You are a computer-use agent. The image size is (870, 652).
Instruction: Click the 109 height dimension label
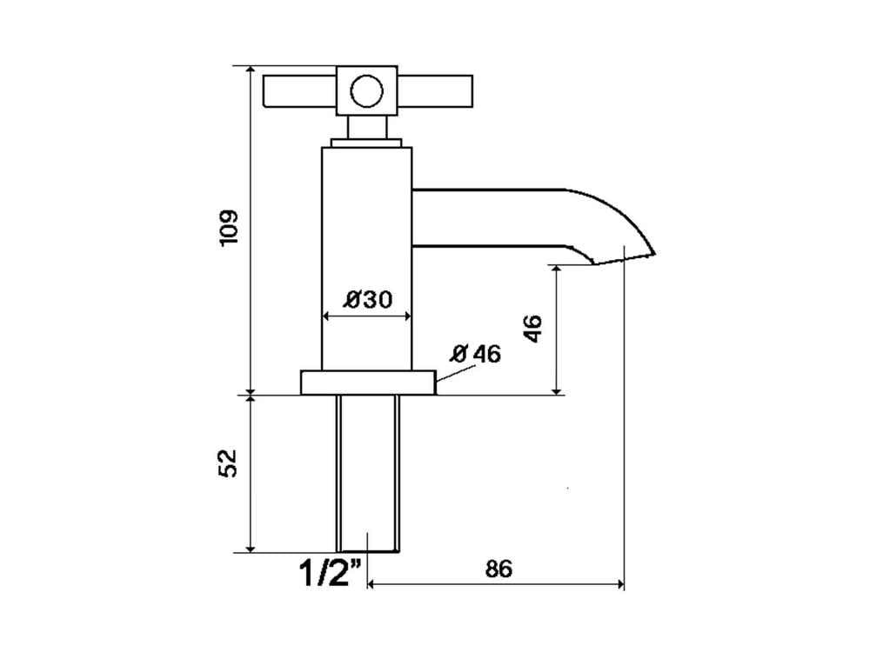[x=229, y=228]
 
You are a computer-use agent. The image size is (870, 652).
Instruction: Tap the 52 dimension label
[x=229, y=463]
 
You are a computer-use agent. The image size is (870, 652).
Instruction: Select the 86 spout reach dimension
[x=499, y=569]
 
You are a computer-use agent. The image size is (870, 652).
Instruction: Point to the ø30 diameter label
[x=367, y=299]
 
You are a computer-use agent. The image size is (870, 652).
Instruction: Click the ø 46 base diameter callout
[x=476, y=353]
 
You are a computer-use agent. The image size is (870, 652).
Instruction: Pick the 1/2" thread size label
[x=331, y=572]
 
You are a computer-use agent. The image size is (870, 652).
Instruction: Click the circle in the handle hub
[x=366, y=91]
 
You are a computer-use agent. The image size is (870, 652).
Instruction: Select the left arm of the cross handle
[x=300, y=91]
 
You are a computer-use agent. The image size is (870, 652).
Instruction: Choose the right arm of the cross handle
[x=435, y=91]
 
